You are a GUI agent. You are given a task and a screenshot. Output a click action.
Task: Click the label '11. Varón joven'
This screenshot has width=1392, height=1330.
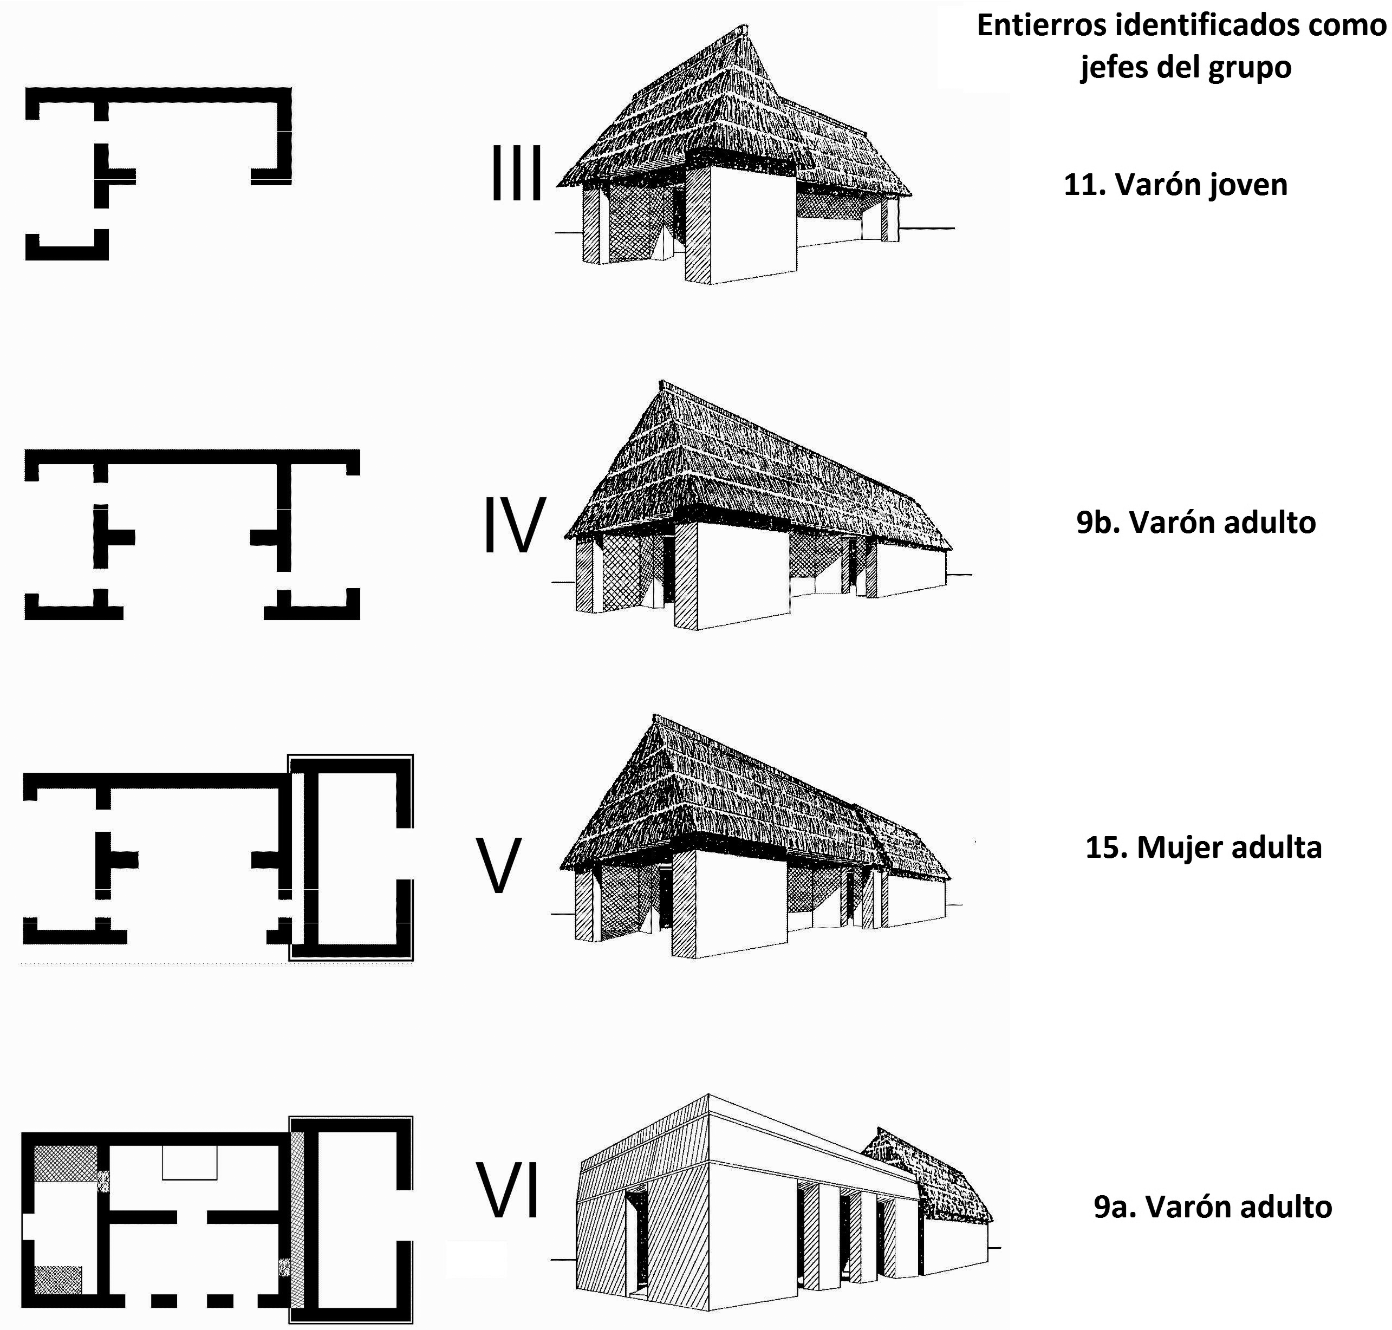coord(1175,184)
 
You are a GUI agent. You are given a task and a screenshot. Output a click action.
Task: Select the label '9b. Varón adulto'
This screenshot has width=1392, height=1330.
coord(1195,522)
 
